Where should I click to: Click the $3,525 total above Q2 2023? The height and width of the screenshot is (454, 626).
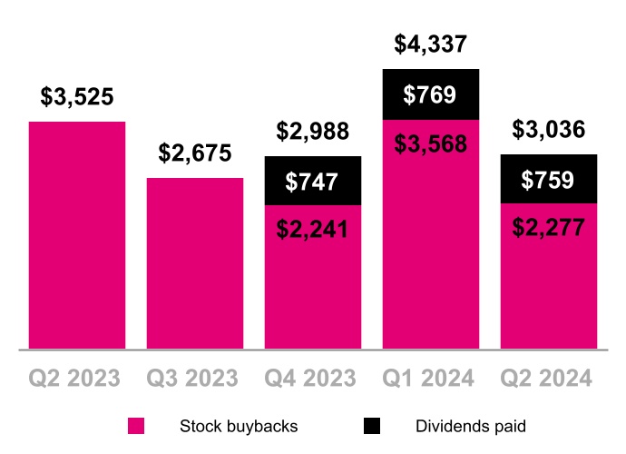[x=77, y=98]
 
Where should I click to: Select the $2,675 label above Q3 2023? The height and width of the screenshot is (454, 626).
[x=195, y=153]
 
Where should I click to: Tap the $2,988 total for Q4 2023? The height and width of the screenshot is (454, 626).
[x=312, y=133]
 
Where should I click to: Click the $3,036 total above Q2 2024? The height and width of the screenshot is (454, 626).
[x=548, y=130]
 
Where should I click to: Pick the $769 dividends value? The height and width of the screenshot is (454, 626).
[x=430, y=95]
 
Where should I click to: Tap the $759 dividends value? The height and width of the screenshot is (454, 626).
[x=548, y=180]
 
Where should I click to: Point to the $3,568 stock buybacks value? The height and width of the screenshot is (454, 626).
[x=430, y=144]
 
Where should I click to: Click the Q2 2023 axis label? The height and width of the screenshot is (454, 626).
[x=77, y=377]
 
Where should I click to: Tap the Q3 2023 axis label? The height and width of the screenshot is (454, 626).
[x=195, y=377]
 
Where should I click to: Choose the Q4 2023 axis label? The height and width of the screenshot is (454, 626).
[x=312, y=377]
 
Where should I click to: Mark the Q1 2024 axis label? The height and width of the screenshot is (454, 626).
[x=430, y=377]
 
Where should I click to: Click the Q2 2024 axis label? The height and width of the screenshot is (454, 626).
[x=548, y=377]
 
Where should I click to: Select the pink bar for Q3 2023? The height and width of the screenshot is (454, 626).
[x=195, y=263]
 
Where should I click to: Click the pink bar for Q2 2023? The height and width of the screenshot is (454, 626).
[x=77, y=236]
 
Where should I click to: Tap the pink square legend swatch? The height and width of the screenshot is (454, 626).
[x=136, y=426]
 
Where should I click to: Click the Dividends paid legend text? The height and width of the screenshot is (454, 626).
[x=470, y=426]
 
